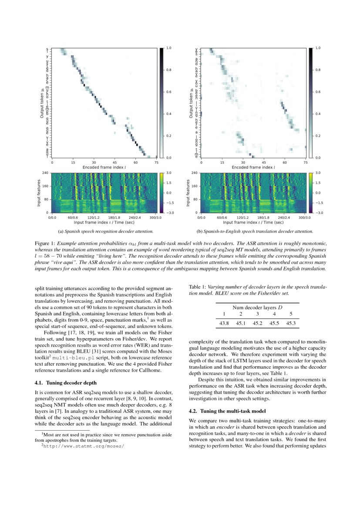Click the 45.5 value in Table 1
coord(274,323)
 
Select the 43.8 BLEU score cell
coord(224,323)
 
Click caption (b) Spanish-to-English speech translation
coord(255,231)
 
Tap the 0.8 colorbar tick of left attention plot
coord(168,70)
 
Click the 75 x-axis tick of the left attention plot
coord(156,162)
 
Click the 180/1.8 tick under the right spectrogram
coord(264,217)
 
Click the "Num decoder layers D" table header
coord(257,307)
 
